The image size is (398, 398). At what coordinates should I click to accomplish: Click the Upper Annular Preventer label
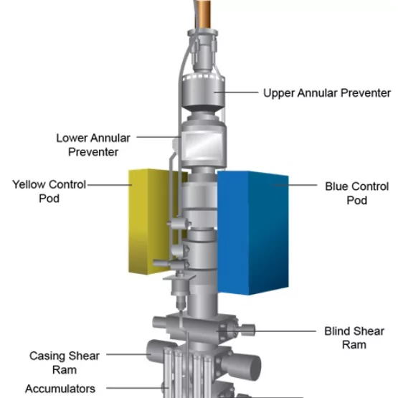327,93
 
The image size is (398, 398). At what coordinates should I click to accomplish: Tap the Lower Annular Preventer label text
93,145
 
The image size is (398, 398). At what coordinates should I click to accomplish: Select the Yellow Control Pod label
49,191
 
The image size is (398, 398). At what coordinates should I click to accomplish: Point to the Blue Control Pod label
357,194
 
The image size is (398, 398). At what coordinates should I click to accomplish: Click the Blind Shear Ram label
354,338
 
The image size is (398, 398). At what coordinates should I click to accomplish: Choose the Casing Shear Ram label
65,363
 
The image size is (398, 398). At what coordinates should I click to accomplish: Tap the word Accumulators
60,389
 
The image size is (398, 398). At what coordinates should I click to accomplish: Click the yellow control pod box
150,222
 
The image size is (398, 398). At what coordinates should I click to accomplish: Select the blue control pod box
253,233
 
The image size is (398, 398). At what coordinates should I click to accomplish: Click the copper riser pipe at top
203,14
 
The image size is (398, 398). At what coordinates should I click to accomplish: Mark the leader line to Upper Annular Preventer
237,93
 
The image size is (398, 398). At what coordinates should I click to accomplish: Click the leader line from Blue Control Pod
295,185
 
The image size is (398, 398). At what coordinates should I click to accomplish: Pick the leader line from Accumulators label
137,388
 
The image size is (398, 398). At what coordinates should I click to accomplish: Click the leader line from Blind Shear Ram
266,331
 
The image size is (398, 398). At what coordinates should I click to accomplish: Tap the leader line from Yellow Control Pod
110,185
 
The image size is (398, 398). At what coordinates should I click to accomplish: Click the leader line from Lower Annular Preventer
158,137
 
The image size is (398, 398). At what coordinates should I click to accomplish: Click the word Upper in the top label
279,93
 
